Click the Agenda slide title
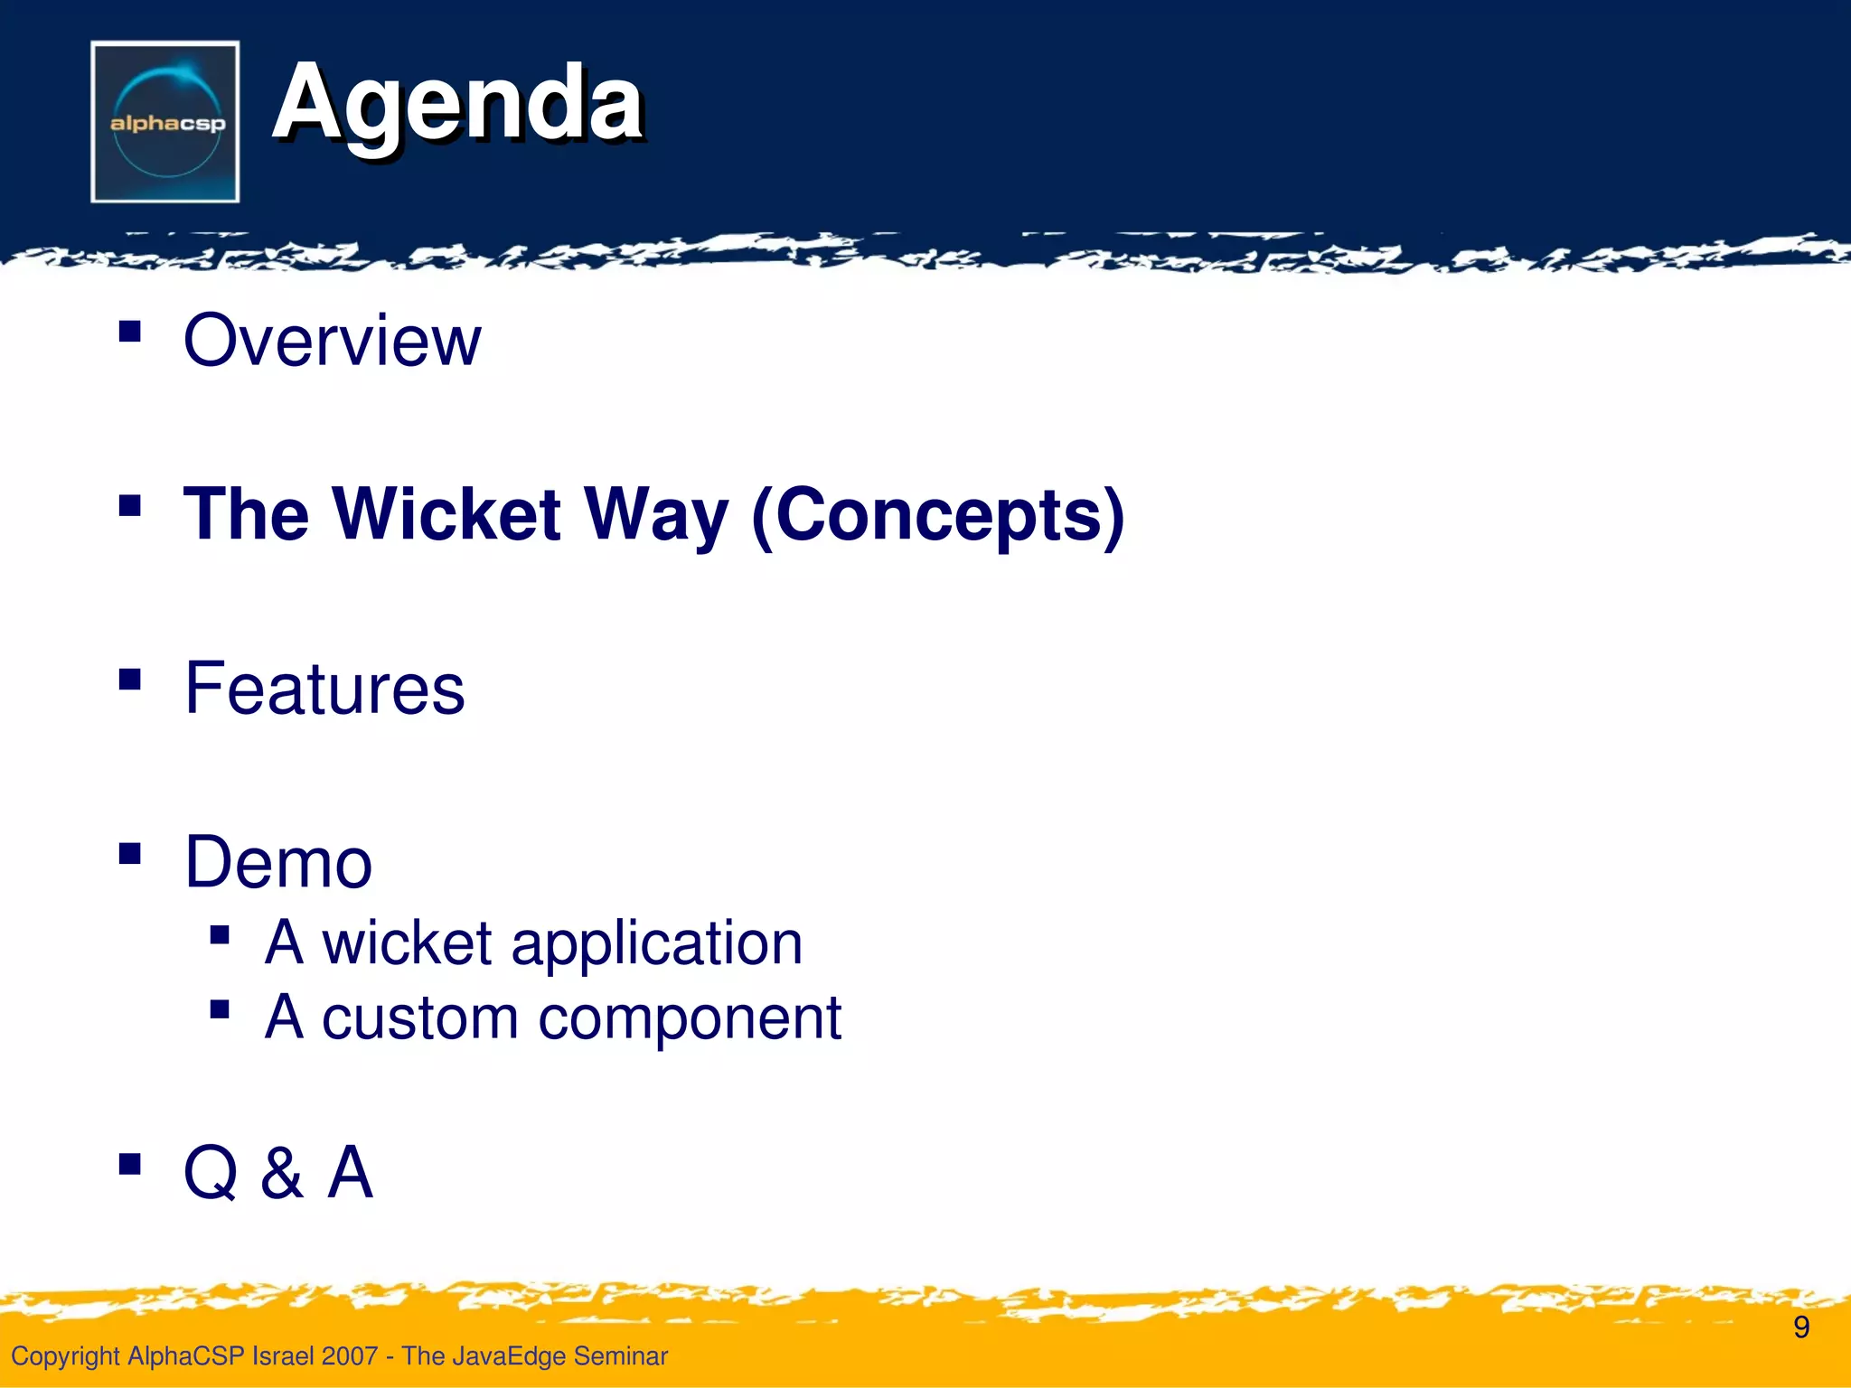[x=457, y=104]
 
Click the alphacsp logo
[x=165, y=121]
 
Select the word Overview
[x=332, y=341]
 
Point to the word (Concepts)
[x=938, y=515]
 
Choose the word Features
[x=324, y=689]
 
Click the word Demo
[x=278, y=862]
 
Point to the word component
[x=690, y=1019]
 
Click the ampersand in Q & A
[x=282, y=1172]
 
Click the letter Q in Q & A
[x=211, y=1172]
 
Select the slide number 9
[x=1801, y=1327]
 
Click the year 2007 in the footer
[x=349, y=1355]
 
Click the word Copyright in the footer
[x=65, y=1355]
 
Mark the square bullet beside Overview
[x=130, y=331]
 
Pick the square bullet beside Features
[x=130, y=679]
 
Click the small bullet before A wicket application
[x=219, y=934]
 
